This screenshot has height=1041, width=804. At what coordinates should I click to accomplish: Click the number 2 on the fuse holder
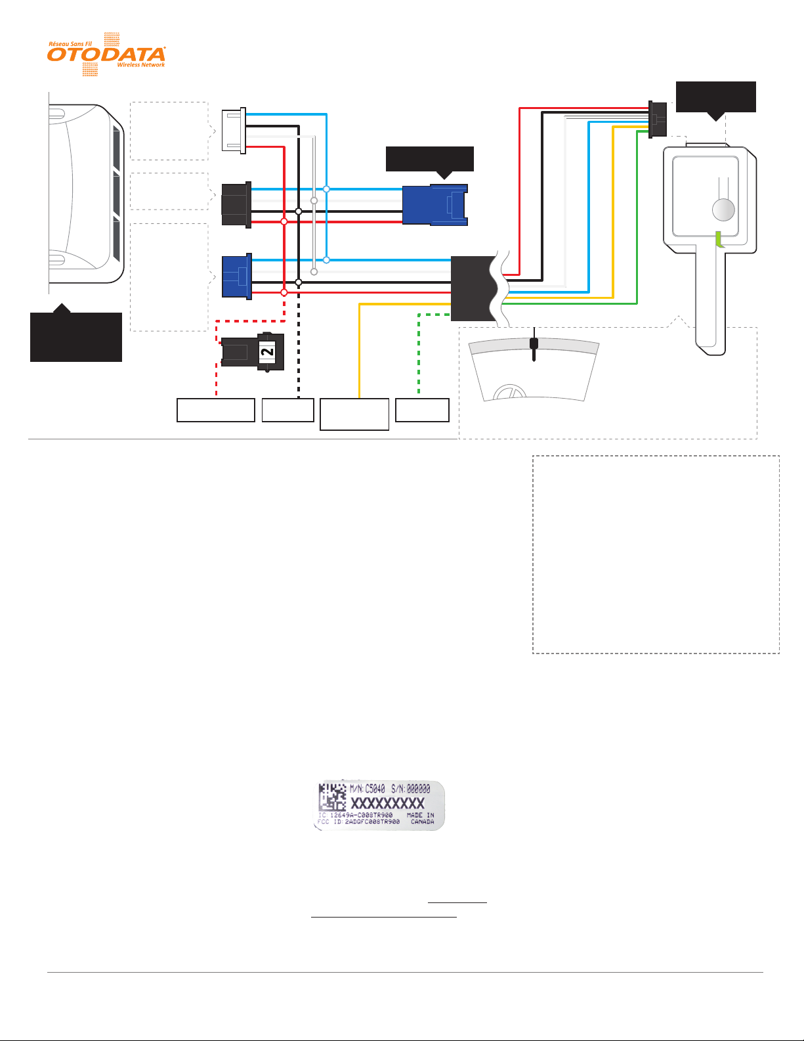coord(267,352)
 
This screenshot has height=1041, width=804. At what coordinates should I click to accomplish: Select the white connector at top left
coord(234,130)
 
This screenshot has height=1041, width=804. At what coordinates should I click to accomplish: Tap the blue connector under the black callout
coord(434,205)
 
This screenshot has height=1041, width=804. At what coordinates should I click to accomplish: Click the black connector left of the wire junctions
coord(236,205)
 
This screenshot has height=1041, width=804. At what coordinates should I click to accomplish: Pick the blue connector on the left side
coord(237,277)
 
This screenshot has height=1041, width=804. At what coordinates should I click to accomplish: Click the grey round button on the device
coord(723,210)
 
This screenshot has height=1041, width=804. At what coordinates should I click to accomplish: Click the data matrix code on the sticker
coord(332,797)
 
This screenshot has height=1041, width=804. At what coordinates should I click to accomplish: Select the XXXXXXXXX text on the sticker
coord(388,803)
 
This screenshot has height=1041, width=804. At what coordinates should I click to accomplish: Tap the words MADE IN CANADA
coord(421,818)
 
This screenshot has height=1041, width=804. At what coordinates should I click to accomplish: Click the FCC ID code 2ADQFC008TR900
coord(372,822)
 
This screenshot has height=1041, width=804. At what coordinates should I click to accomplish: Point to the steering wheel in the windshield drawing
coord(511,393)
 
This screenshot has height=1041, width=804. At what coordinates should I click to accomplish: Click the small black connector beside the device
coord(657,119)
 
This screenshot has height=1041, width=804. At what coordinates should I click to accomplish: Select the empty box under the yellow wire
coord(354,414)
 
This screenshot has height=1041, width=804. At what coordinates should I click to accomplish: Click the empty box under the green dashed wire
coord(423,410)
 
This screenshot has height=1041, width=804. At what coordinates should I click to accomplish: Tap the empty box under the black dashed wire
coord(287,410)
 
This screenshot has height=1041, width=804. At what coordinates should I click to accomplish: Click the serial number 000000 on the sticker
coord(418,788)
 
